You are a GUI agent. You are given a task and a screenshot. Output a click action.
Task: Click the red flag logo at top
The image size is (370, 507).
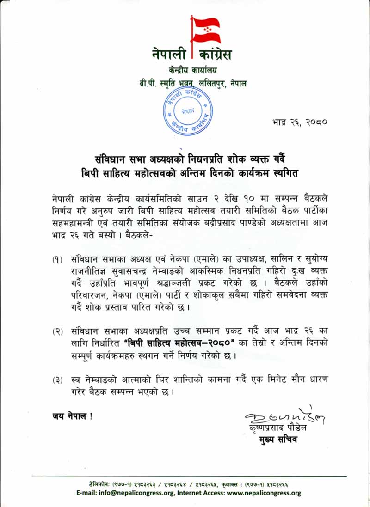pos(205,30)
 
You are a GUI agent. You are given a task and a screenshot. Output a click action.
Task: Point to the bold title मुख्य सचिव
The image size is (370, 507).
pos(277,440)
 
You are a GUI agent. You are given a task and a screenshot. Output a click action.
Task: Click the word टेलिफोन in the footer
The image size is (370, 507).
pos(101,484)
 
